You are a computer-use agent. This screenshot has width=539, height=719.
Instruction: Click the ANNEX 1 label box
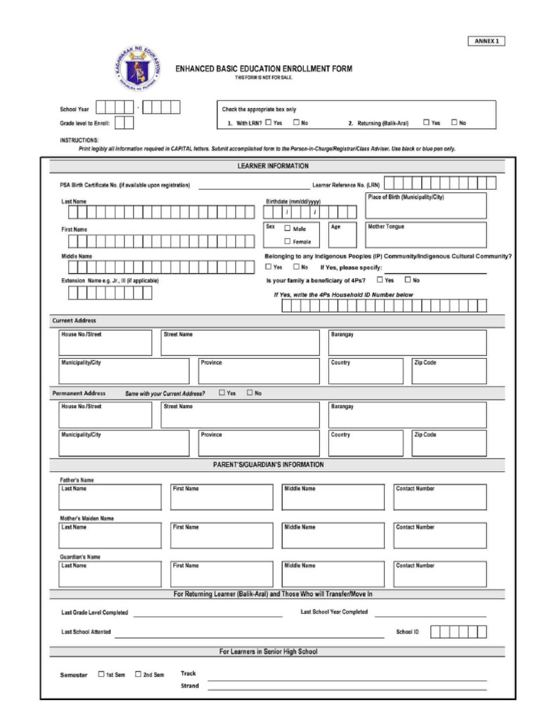(486, 41)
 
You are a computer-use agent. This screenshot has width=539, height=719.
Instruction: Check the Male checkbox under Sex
(288, 228)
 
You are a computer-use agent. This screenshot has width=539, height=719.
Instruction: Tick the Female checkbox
(288, 241)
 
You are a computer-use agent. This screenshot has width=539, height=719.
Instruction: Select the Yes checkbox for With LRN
(269, 122)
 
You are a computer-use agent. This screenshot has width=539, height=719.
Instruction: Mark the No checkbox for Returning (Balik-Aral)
(454, 122)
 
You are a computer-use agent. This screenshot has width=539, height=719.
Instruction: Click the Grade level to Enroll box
(124, 123)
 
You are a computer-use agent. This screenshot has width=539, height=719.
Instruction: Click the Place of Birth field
(426, 206)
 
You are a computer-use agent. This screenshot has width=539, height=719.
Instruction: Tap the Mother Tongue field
(426, 235)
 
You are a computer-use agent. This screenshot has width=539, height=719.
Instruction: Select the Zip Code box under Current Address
(448, 371)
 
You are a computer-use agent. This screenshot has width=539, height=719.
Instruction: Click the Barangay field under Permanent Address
(407, 415)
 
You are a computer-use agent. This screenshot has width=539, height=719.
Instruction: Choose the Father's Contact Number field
(439, 496)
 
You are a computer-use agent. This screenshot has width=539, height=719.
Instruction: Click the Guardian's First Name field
(222, 574)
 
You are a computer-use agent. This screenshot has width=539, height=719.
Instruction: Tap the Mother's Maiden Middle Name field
(333, 535)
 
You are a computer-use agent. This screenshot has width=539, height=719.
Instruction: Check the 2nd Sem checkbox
(138, 674)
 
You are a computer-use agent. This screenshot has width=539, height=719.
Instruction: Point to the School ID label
(407, 632)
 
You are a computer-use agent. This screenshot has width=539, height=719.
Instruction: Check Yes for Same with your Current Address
(222, 393)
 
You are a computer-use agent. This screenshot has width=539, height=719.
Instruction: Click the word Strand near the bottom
(189, 686)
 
